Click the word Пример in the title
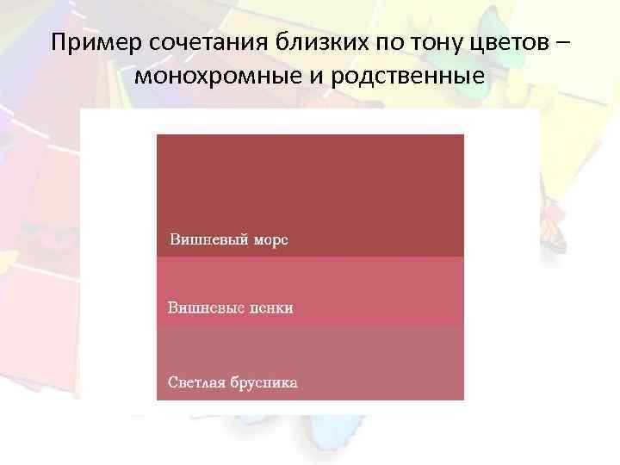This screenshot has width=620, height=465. tap(88, 43)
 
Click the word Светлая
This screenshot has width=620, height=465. tap(195, 381)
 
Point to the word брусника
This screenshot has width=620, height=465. tap(263, 381)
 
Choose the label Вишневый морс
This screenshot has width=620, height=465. tap(228, 239)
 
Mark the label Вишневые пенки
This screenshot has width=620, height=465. tap(230, 307)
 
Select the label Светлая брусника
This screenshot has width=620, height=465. tap(232, 381)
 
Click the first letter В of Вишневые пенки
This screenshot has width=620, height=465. tap(172, 307)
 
